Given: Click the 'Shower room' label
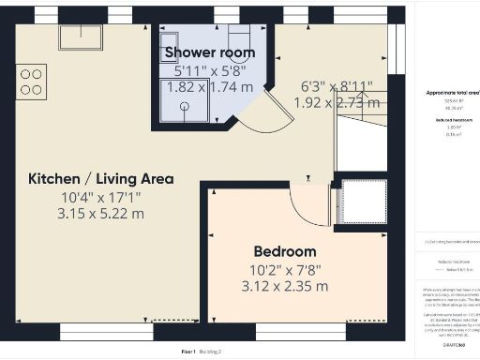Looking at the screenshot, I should (210, 52).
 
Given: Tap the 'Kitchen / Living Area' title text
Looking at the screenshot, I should (100, 179).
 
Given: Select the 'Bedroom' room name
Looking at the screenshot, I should (284, 251).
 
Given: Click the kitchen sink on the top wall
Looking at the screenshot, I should (82, 37).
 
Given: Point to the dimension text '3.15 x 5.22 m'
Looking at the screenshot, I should (100, 214).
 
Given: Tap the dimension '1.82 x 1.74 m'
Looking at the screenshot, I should (210, 86).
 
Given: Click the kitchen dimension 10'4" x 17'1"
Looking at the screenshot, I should (100, 197).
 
